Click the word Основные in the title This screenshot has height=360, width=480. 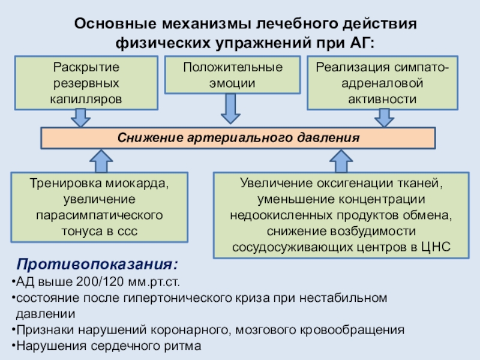(x=115, y=23)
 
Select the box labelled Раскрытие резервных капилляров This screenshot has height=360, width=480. (x=86, y=83)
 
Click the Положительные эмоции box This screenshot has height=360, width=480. (x=233, y=74)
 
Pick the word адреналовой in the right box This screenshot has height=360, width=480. (x=382, y=83)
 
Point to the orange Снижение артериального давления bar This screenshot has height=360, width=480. (x=238, y=138)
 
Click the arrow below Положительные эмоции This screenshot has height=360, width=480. (x=230, y=109)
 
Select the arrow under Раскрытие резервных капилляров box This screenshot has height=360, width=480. (x=80, y=118)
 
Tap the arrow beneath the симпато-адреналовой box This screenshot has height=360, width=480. (x=384, y=118)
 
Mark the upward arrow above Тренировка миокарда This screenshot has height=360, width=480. (x=101, y=161)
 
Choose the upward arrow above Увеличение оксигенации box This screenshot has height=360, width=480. (x=341, y=161)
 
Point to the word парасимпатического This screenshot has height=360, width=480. (x=99, y=215)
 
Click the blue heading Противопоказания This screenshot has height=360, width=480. (x=97, y=263)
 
